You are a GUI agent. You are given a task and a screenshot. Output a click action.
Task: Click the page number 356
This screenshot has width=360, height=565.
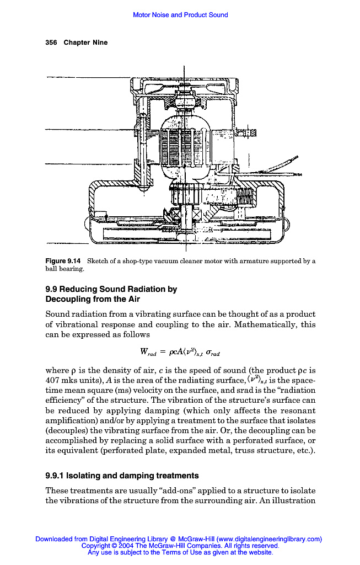(51, 42)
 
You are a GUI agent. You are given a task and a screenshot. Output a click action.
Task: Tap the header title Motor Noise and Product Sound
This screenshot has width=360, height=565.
(180, 15)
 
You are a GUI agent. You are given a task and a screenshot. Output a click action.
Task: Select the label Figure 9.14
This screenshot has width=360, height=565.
(63, 261)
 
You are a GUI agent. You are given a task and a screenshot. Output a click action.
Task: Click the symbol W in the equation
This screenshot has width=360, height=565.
(144, 351)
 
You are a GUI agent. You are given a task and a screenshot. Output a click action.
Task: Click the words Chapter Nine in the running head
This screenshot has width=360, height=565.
(85, 42)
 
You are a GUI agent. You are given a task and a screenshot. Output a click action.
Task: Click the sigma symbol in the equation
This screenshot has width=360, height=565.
(209, 352)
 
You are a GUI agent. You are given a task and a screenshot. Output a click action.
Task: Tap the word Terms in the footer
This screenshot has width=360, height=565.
(186, 551)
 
